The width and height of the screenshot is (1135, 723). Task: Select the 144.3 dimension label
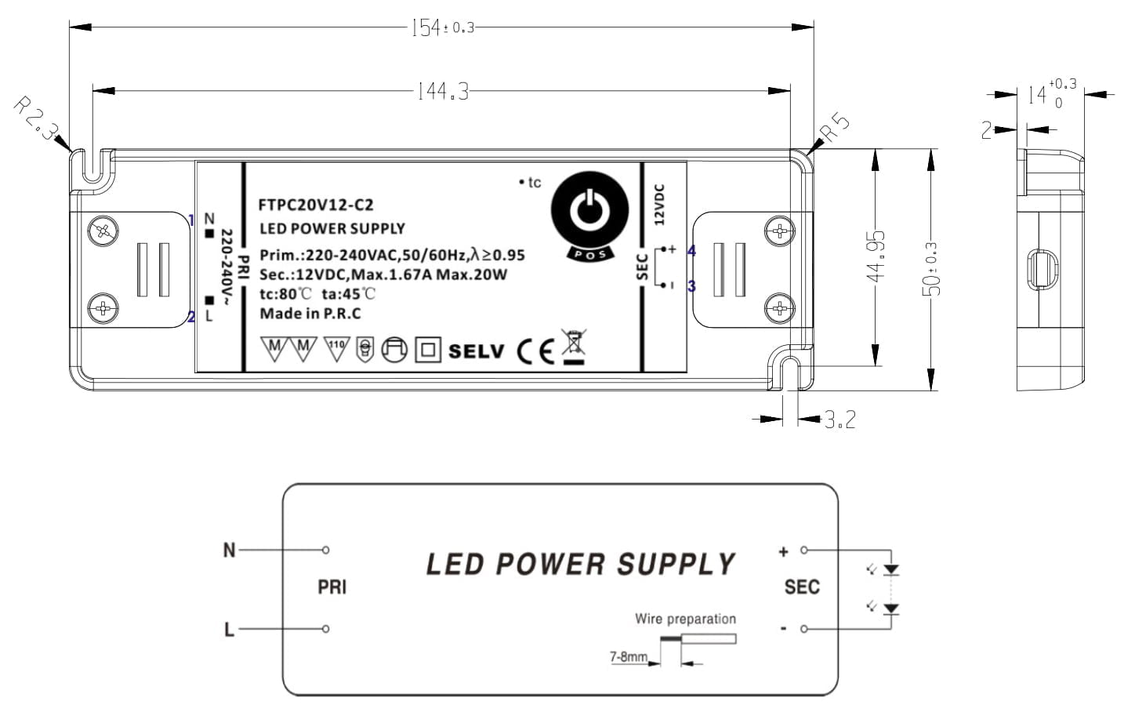[443, 92]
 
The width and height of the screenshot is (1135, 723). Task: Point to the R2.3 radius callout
[34, 118]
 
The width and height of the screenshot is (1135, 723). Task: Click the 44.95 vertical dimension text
[876, 257]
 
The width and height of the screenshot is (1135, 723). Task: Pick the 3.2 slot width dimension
[840, 420]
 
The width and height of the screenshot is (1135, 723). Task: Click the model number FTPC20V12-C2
[316, 205]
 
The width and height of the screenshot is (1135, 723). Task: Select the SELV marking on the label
[477, 351]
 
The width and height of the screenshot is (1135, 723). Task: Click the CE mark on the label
[535, 351]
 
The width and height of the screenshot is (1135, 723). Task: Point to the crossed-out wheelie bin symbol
[574, 346]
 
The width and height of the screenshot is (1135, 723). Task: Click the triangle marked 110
[336, 348]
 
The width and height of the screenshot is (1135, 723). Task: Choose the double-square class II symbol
[428, 350]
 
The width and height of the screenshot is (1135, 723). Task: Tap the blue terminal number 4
[691, 250]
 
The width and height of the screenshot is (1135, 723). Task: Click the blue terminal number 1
[191, 220]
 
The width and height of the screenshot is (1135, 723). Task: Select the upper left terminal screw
[103, 231]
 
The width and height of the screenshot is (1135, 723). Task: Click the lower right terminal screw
[779, 307]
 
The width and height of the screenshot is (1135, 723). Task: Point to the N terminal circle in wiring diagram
[326, 550]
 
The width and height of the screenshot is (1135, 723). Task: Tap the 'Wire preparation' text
[685, 619]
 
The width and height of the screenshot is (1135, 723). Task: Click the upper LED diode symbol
[890, 570]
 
